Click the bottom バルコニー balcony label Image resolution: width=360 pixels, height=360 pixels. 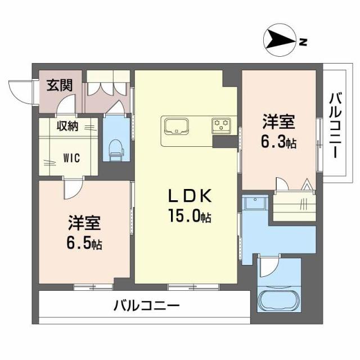146,307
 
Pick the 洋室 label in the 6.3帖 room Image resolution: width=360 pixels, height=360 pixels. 280,122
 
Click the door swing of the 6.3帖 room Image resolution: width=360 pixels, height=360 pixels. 282,184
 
